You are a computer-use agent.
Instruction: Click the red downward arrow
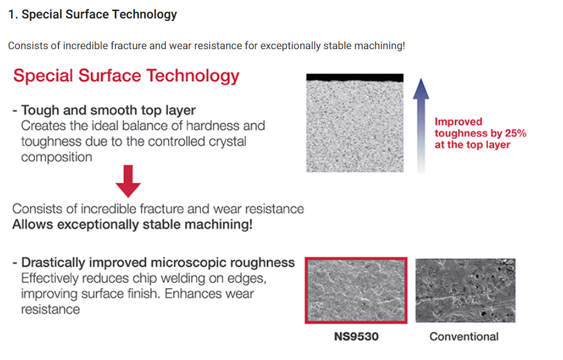coord(128,181)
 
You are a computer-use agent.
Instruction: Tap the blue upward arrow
coord(421,125)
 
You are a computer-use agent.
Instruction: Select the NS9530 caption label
coord(356,337)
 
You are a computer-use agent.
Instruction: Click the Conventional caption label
coord(464,337)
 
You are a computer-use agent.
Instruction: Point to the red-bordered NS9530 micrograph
coord(356,291)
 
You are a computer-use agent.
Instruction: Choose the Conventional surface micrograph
coord(465,291)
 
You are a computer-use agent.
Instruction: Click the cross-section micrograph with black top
coord(355,123)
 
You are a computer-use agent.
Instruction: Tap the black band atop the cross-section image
coord(355,77)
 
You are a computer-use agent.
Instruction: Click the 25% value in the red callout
coord(516,133)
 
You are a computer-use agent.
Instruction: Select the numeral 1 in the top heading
coord(12,15)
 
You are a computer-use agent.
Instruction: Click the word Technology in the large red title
coord(193,76)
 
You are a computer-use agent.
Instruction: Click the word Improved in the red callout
coord(459,122)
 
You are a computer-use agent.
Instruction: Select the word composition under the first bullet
coord(57,157)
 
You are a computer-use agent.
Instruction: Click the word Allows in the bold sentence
coord(33,225)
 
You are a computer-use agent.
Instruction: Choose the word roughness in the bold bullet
coord(262,263)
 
